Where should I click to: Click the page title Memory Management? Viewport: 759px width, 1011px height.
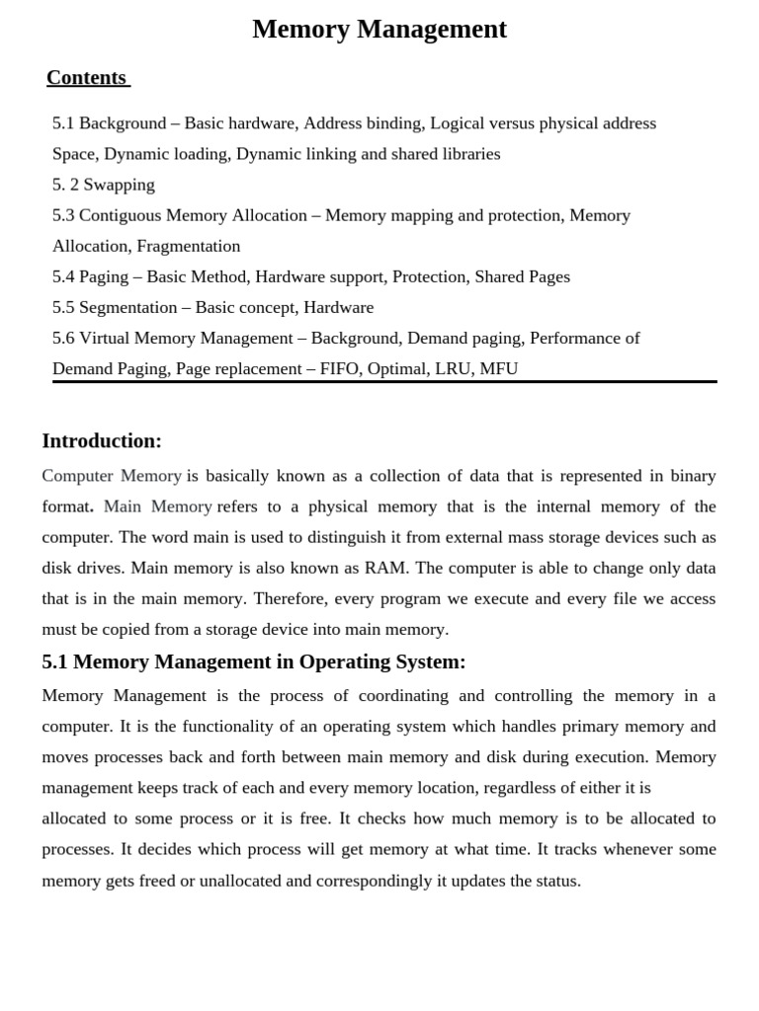pyautogui.click(x=379, y=30)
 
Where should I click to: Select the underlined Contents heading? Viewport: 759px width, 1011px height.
pyautogui.click(x=87, y=78)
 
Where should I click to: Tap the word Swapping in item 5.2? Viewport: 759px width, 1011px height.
pyautogui.click(x=119, y=185)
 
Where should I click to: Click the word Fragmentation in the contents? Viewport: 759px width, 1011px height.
pyautogui.click(x=188, y=246)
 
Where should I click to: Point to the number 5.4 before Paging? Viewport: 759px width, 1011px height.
pyautogui.click(x=63, y=276)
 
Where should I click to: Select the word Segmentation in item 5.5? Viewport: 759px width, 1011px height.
pyautogui.click(x=127, y=307)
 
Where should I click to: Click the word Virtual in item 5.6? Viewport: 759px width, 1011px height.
pyautogui.click(x=104, y=338)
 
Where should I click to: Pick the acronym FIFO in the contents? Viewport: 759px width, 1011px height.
pyautogui.click(x=340, y=368)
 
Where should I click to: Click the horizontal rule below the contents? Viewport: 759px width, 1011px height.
pyautogui.click(x=384, y=381)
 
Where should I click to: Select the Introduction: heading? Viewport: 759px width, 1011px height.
pyautogui.click(x=102, y=440)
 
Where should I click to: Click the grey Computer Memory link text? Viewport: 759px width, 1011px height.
pyautogui.click(x=112, y=476)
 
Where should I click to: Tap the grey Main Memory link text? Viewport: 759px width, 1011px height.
pyautogui.click(x=157, y=506)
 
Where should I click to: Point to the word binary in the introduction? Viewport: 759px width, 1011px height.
pyautogui.click(x=693, y=476)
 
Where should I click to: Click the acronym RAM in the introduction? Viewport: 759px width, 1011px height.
pyautogui.click(x=385, y=568)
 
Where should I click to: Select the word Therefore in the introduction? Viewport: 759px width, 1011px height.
pyautogui.click(x=289, y=598)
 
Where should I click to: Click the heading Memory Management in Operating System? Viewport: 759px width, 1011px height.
pyautogui.click(x=254, y=661)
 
